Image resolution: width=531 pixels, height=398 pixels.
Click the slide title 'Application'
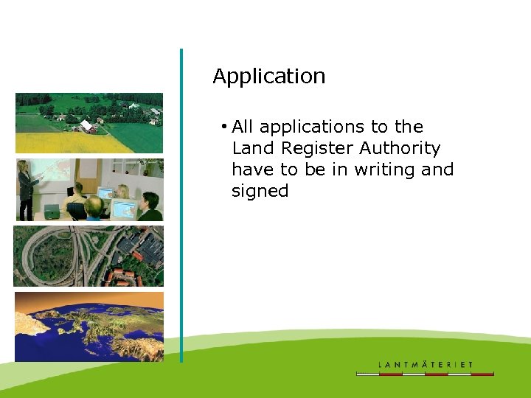[x=268, y=77]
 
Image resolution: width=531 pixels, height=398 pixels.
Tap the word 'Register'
[x=316, y=148]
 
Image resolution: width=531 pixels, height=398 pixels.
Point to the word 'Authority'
[x=400, y=148]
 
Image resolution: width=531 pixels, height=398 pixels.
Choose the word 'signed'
[x=260, y=191]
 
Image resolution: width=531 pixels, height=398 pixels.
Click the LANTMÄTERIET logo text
[x=426, y=364]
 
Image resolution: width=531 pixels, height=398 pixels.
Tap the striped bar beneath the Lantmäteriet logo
[x=426, y=374]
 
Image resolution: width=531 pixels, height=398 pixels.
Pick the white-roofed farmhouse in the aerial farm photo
[x=88, y=126]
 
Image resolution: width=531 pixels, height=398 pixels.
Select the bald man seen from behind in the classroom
[x=93, y=209]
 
